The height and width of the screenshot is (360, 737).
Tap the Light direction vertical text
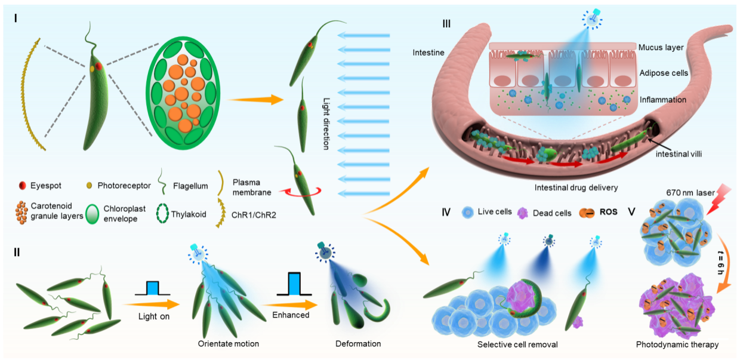(x=326, y=116)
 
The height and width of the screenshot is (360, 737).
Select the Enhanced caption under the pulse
(x=291, y=315)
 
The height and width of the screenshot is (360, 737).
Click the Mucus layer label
(x=660, y=46)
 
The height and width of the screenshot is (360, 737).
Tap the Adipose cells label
(x=664, y=73)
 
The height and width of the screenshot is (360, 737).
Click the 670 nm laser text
(x=676, y=193)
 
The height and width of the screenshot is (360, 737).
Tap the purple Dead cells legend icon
(x=524, y=212)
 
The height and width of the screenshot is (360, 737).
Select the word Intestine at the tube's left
(x=428, y=53)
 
